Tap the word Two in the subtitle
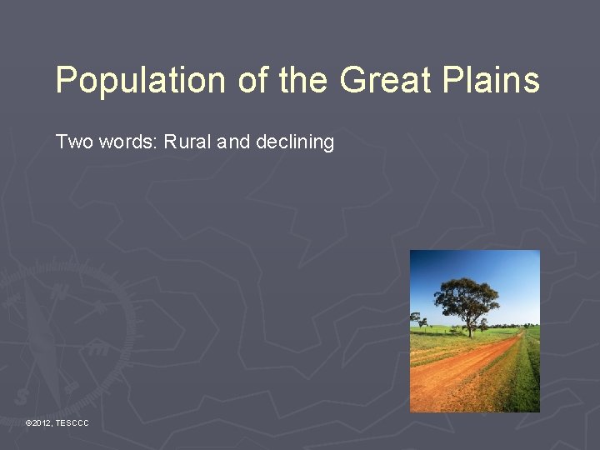73,142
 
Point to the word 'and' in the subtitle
233,142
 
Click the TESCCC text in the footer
72,424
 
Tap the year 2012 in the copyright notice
42,424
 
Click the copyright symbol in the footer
28,424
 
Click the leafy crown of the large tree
466,296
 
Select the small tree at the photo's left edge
415,319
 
